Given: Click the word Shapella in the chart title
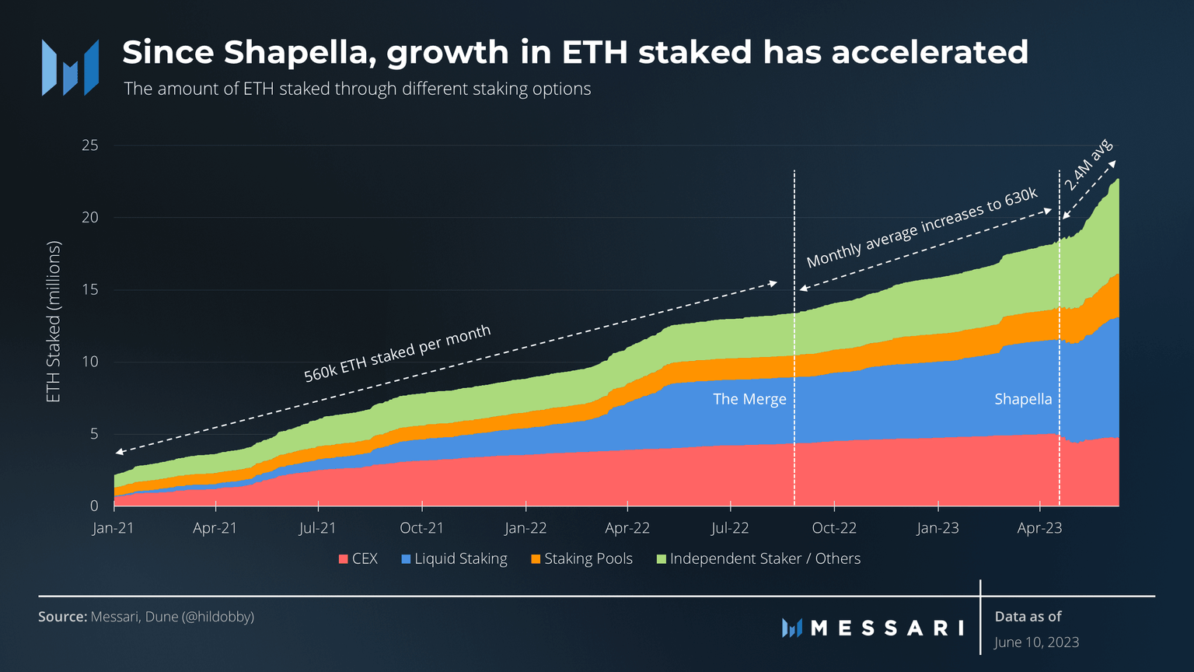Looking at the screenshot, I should pyautogui.click(x=299, y=53).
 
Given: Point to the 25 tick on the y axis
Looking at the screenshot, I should pyautogui.click(x=90, y=145).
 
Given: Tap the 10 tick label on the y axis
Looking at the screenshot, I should pyautogui.click(x=90, y=362).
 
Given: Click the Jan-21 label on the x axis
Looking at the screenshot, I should pyautogui.click(x=113, y=528).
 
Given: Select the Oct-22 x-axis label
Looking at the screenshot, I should pyautogui.click(x=834, y=528).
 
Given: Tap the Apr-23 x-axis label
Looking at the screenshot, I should pyautogui.click(x=1039, y=528).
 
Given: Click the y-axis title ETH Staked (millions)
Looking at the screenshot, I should pyautogui.click(x=53, y=322).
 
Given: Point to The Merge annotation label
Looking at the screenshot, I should pyautogui.click(x=749, y=399).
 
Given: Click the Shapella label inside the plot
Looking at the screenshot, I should pyautogui.click(x=1023, y=399).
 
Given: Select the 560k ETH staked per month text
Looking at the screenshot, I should pyautogui.click(x=397, y=353).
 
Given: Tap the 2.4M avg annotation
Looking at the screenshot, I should pyautogui.click(x=1088, y=165).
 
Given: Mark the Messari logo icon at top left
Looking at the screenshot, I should pyautogui.click(x=70, y=68).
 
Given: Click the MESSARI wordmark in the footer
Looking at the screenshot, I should pyautogui.click(x=886, y=628).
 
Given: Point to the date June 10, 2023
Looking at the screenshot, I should pyautogui.click(x=1036, y=642).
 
